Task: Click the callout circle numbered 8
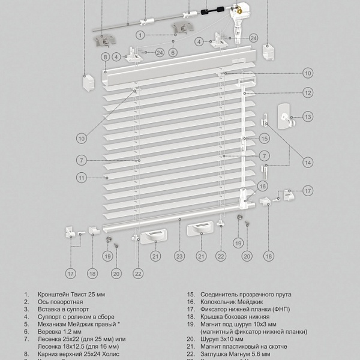104,57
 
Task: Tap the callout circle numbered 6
173,53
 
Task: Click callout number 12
307,93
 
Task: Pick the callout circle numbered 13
308,117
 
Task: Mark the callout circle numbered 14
307,162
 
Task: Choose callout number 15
263,138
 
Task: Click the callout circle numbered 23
179,256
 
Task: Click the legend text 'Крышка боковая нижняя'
232,320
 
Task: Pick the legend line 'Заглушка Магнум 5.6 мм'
233,355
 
